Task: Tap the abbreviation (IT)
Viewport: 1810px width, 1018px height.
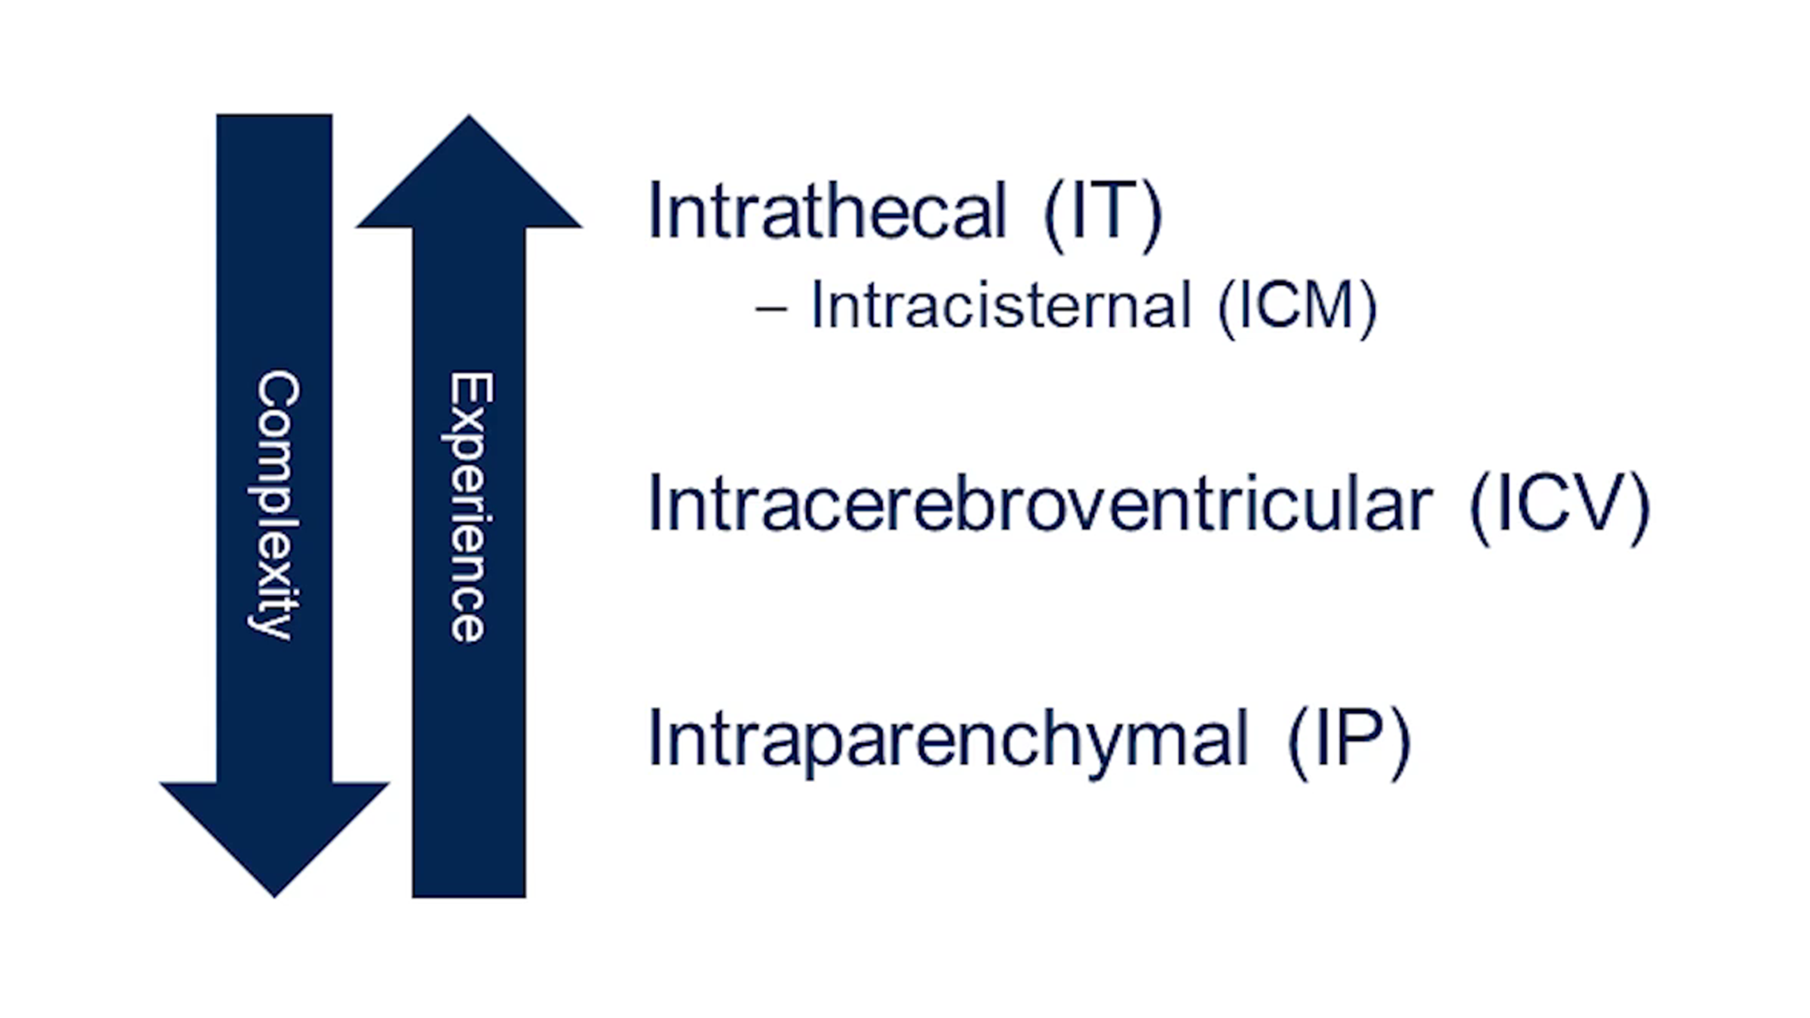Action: tap(1104, 214)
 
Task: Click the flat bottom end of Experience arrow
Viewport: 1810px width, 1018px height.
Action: tap(469, 896)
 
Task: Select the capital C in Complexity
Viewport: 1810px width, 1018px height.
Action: tap(277, 394)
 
